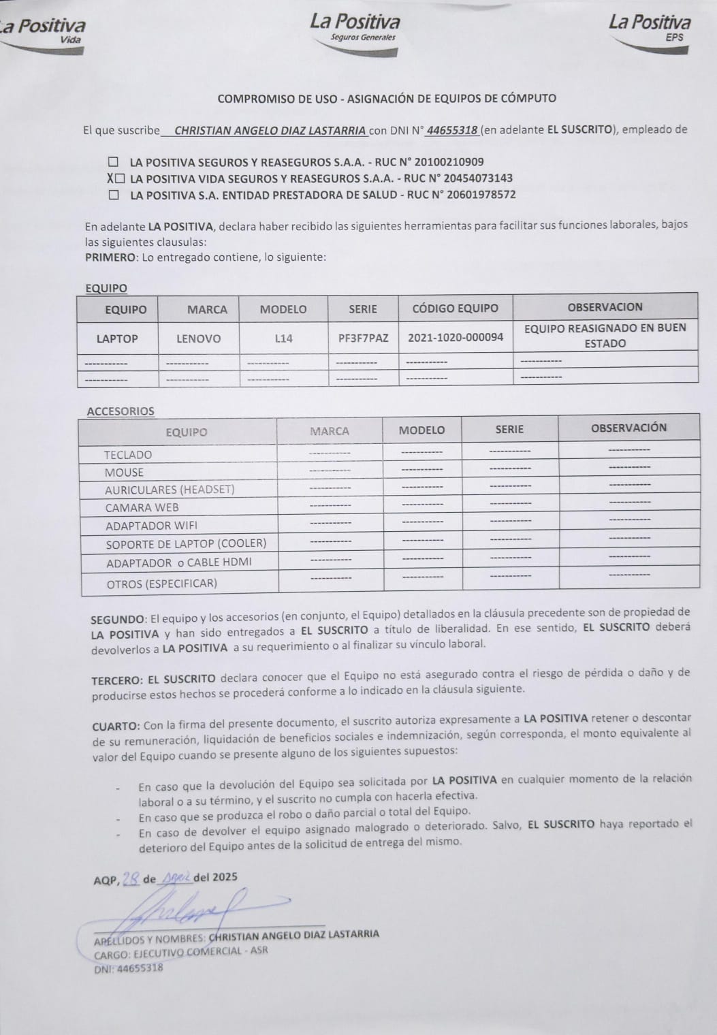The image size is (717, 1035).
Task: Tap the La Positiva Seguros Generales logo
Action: (355, 28)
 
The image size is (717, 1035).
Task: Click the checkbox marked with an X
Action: (120, 179)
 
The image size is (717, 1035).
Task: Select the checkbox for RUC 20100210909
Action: (114, 163)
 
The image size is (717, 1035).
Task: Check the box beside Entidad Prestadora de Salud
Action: (114, 195)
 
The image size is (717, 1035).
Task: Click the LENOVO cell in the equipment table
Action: (198, 338)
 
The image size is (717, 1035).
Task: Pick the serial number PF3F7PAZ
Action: (363, 338)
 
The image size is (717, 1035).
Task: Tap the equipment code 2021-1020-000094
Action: (456, 337)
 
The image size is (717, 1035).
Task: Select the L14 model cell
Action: (283, 338)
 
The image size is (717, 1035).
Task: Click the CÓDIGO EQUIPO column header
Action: (455, 308)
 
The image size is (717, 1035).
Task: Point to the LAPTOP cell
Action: (117, 338)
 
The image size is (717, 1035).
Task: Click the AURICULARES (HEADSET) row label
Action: (170, 490)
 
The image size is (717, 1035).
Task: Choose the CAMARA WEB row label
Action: (142, 507)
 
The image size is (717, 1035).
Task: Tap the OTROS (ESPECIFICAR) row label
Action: (161, 584)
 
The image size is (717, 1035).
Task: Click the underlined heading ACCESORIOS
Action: (121, 411)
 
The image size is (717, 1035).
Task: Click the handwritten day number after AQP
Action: (131, 878)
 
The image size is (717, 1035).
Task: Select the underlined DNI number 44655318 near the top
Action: (451, 130)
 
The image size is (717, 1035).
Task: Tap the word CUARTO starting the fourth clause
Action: (116, 726)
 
